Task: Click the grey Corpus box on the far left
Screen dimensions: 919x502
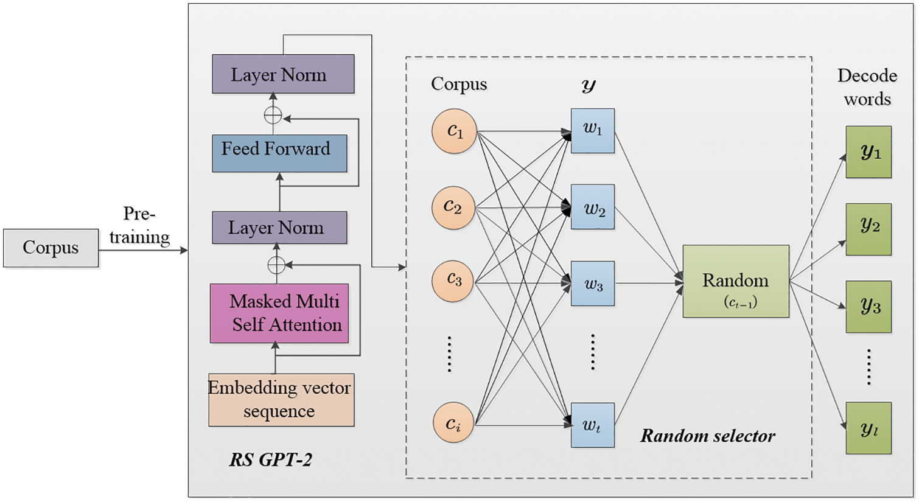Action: (51, 248)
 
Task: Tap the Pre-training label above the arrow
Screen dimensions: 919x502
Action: (139, 225)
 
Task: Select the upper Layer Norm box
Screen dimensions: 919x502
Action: (283, 74)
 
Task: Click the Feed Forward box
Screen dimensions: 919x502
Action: (279, 153)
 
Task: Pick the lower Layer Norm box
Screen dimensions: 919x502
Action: (279, 227)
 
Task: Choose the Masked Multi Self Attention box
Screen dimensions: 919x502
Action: (279, 313)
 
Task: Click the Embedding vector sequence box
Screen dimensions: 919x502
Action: (281, 399)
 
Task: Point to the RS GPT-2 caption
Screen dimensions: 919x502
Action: (271, 459)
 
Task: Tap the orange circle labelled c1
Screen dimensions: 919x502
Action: (454, 131)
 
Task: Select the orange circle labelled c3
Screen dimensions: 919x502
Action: (453, 281)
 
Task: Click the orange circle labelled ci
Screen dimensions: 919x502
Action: (453, 422)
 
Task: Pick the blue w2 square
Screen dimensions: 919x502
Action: (592, 206)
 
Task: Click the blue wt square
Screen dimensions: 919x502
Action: (592, 425)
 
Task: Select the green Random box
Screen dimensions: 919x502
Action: (736, 281)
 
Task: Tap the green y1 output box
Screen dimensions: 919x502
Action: (868, 152)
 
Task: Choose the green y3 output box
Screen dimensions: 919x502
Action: (868, 306)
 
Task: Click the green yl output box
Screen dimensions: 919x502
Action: (868, 428)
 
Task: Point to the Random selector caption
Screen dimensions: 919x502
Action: (708, 436)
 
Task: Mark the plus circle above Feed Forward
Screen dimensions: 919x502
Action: (273, 115)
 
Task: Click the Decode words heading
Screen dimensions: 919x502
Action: (867, 87)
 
